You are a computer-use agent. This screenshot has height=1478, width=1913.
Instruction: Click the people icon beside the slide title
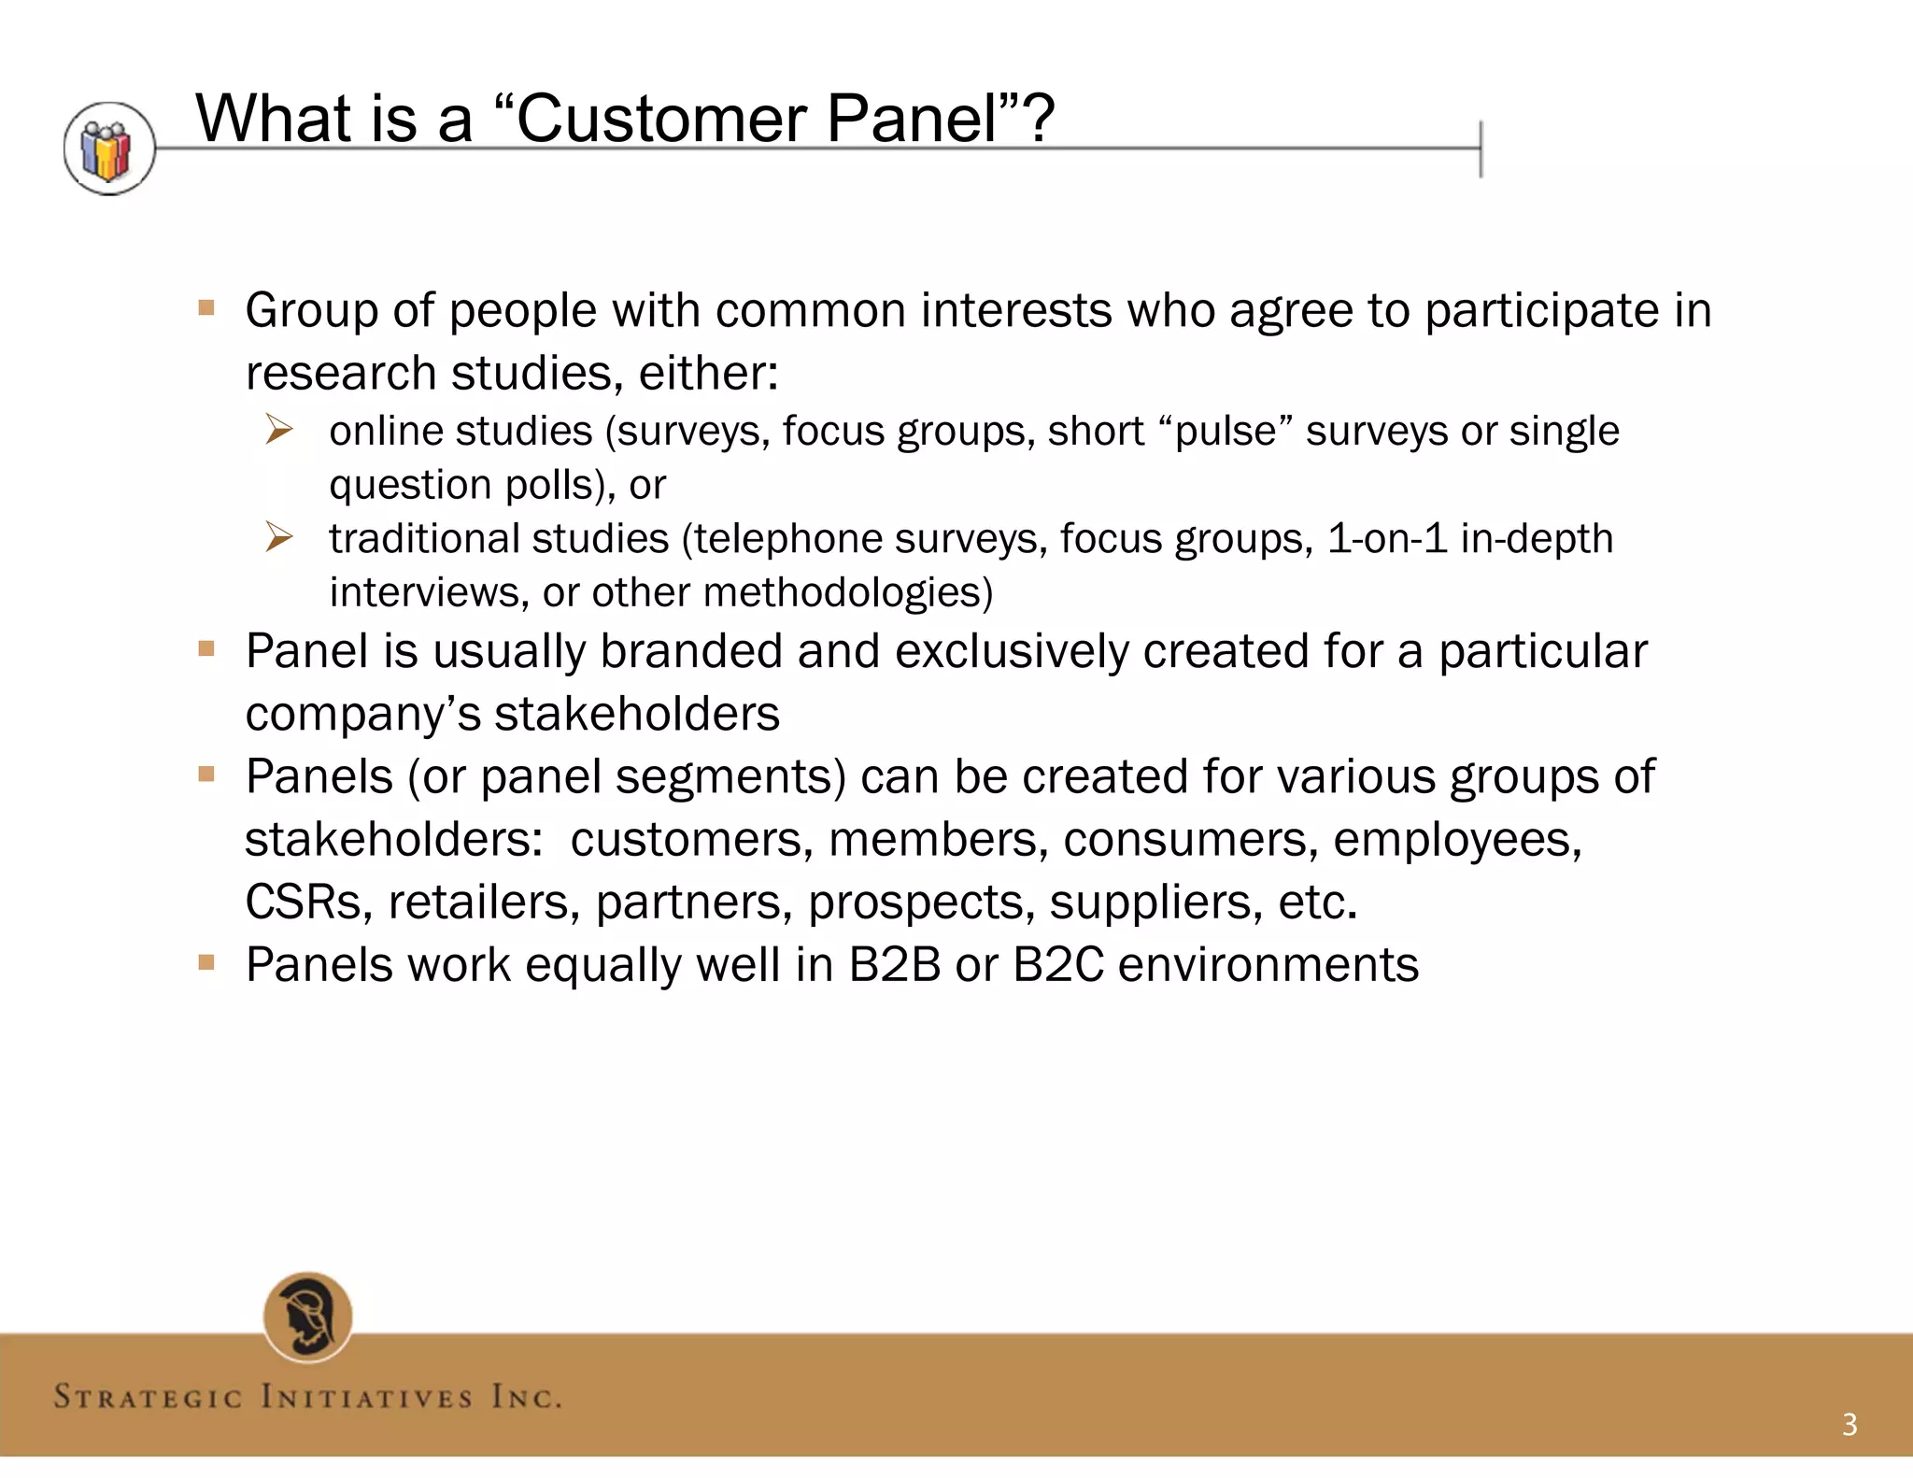coord(109,149)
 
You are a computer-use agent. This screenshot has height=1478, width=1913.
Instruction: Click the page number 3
coord(1849,1425)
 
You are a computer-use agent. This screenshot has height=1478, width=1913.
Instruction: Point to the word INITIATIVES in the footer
coord(366,1398)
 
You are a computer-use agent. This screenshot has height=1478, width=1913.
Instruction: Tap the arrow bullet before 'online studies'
coord(278,430)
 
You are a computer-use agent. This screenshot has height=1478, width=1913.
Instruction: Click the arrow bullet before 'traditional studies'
coord(278,537)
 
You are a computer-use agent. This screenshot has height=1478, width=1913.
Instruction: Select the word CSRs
coord(303,902)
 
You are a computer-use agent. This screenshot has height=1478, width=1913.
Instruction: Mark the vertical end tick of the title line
coord(1481,149)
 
